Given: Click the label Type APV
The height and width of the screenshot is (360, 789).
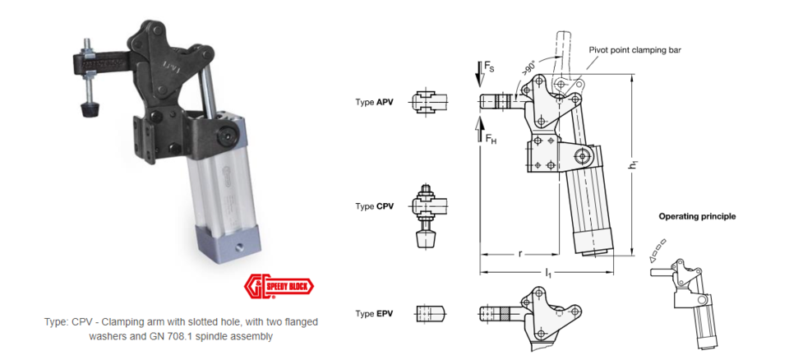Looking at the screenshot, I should pyautogui.click(x=374, y=103).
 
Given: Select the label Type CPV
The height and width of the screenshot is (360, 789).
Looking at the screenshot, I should pyautogui.click(x=374, y=205).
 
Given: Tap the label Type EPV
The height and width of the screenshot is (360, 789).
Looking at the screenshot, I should pyautogui.click(x=374, y=314).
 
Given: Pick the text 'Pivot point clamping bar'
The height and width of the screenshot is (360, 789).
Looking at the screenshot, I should pyautogui.click(x=634, y=49).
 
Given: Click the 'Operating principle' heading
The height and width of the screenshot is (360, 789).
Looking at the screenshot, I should pyautogui.click(x=697, y=216).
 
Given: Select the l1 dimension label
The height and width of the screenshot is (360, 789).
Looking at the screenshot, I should pyautogui.click(x=548, y=272).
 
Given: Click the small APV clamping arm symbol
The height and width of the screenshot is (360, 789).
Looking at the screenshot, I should pyautogui.click(x=431, y=103).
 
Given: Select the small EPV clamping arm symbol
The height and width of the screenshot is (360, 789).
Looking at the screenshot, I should pyautogui.click(x=431, y=314).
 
